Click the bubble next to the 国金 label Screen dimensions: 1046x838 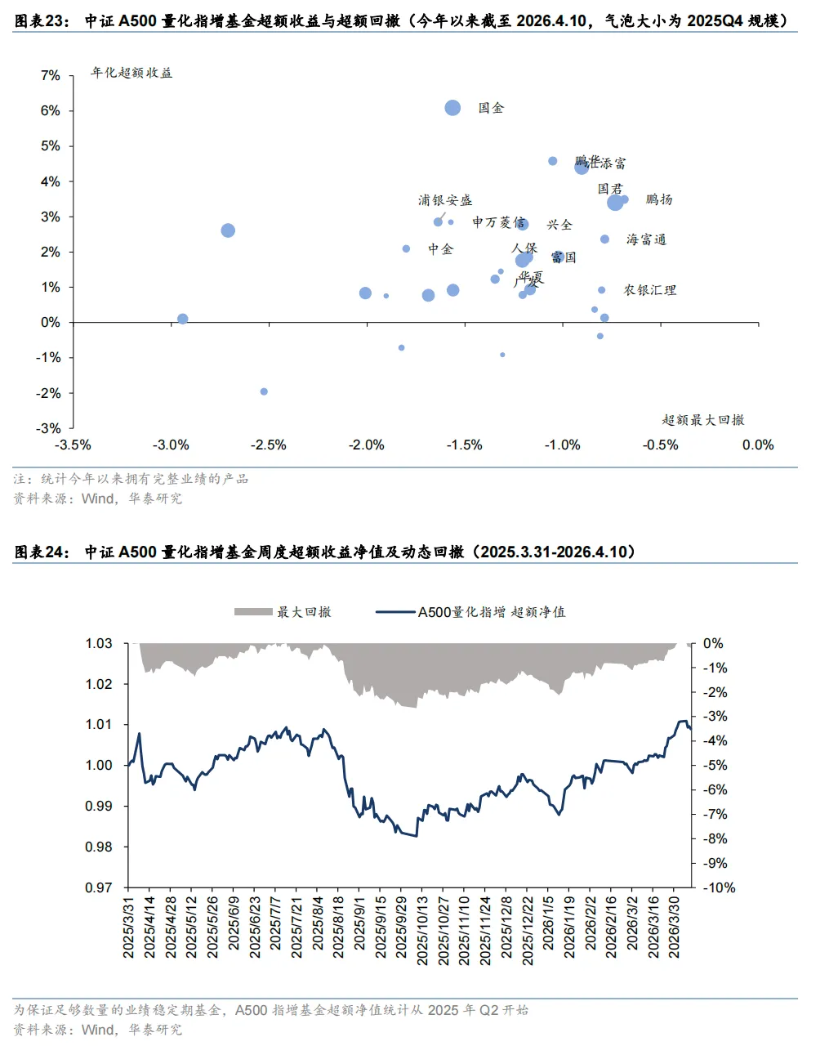click(452, 108)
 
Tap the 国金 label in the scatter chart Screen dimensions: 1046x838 click(491, 108)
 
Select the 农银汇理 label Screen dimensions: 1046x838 click(650, 290)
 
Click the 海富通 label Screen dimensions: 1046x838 click(646, 239)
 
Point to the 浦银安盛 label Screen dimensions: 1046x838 click(445, 200)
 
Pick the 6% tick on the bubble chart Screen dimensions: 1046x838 click(51, 110)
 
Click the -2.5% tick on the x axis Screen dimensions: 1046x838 click(268, 445)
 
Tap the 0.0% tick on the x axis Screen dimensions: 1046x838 click(757, 445)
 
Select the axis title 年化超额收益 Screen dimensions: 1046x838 click(131, 73)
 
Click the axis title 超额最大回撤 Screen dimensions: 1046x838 click(703, 420)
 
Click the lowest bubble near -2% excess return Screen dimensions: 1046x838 click(264, 391)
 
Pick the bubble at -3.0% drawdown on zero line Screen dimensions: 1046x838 click(183, 319)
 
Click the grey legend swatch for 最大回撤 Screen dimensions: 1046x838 click(253, 612)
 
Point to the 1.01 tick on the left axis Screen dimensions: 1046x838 click(99, 725)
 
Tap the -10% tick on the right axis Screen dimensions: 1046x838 click(719, 887)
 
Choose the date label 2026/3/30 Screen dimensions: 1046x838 click(674, 927)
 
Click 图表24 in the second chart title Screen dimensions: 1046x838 click(42, 552)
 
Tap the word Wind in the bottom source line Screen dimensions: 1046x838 click(98, 1030)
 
